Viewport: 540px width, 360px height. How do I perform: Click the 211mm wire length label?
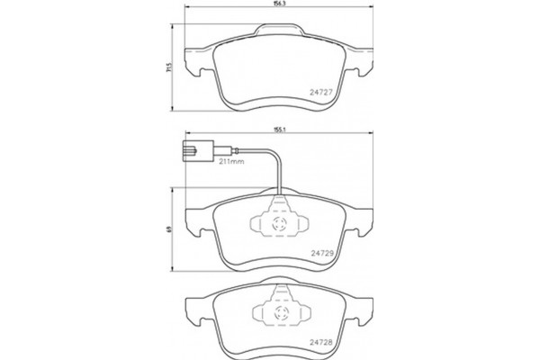tap(231, 162)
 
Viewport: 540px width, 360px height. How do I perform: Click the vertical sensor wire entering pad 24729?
tap(281, 180)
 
